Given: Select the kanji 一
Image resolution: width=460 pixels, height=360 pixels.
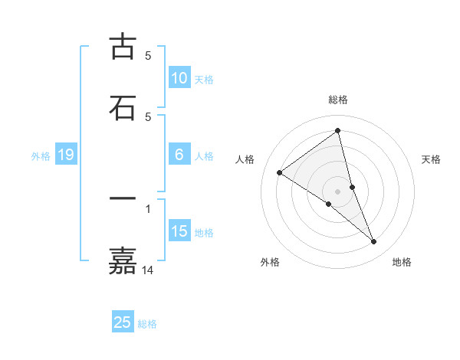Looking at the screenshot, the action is click(123, 198).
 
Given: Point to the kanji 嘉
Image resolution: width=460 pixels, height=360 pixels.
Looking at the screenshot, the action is click(123, 260).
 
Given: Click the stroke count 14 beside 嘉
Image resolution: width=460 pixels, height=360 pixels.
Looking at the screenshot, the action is click(148, 270).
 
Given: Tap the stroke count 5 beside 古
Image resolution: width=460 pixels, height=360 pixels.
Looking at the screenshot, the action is click(148, 56).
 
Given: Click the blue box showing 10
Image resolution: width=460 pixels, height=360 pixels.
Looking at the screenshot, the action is click(179, 78).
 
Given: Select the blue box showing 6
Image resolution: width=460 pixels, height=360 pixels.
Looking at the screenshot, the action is click(179, 155).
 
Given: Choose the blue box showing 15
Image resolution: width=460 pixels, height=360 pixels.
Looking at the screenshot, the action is click(179, 231).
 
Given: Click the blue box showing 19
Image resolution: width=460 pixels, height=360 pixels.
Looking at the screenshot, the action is click(65, 155).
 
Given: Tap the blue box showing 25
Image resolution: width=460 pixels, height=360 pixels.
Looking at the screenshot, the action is click(123, 322).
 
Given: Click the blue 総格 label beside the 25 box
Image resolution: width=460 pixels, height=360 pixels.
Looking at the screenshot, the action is click(147, 324).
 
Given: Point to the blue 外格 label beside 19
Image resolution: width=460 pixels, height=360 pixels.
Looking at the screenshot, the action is click(41, 156).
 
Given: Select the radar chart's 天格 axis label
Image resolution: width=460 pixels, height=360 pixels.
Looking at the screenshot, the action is click(432, 159).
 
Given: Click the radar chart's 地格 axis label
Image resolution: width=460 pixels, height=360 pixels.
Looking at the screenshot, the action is click(402, 262).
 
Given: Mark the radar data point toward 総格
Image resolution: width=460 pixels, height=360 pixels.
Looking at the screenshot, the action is click(337, 131).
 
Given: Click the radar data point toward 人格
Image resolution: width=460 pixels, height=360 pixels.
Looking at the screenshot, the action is click(279, 172).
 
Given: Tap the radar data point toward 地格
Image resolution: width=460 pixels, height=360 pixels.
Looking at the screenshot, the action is click(374, 242).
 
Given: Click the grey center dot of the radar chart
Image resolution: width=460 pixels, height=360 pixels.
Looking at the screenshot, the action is click(338, 191).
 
